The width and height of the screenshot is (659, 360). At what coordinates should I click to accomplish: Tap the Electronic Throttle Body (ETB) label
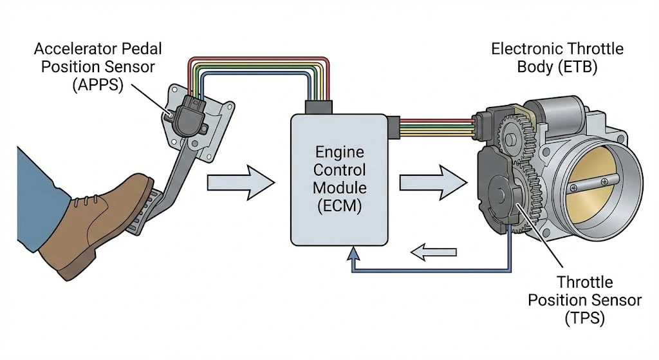(x=557, y=57)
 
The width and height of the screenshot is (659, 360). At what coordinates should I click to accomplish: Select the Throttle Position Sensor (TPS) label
(x=584, y=299)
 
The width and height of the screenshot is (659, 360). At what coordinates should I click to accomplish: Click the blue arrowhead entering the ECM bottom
(x=353, y=256)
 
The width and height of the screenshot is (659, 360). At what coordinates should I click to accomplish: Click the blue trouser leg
(x=26, y=200)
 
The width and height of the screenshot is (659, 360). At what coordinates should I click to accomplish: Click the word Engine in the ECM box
(x=339, y=154)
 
